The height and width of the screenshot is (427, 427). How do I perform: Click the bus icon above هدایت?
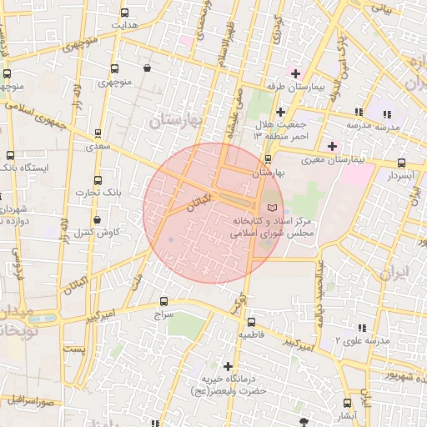pos(125,13)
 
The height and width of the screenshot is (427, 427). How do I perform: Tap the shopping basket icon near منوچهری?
pos(148,68)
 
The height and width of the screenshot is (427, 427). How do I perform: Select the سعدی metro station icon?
pos(98,133)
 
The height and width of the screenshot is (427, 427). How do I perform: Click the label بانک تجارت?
pos(106,193)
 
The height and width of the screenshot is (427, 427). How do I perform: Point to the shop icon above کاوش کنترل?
pos(98,219)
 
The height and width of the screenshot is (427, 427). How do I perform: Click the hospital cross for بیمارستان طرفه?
pos(294,73)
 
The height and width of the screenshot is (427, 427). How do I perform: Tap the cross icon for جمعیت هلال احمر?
pos(280,111)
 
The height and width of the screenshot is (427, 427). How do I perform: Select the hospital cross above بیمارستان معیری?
pos(332,146)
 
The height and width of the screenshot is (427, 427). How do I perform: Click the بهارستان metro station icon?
pos(268,158)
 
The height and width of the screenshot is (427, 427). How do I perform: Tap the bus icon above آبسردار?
pos(401,163)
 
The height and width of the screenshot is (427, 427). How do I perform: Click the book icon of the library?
pos(271,207)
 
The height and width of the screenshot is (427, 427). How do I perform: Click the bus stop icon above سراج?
pos(163,302)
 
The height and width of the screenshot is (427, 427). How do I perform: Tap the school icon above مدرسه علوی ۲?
pos(360,329)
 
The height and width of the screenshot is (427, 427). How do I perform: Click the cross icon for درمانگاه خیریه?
pos(228,366)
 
